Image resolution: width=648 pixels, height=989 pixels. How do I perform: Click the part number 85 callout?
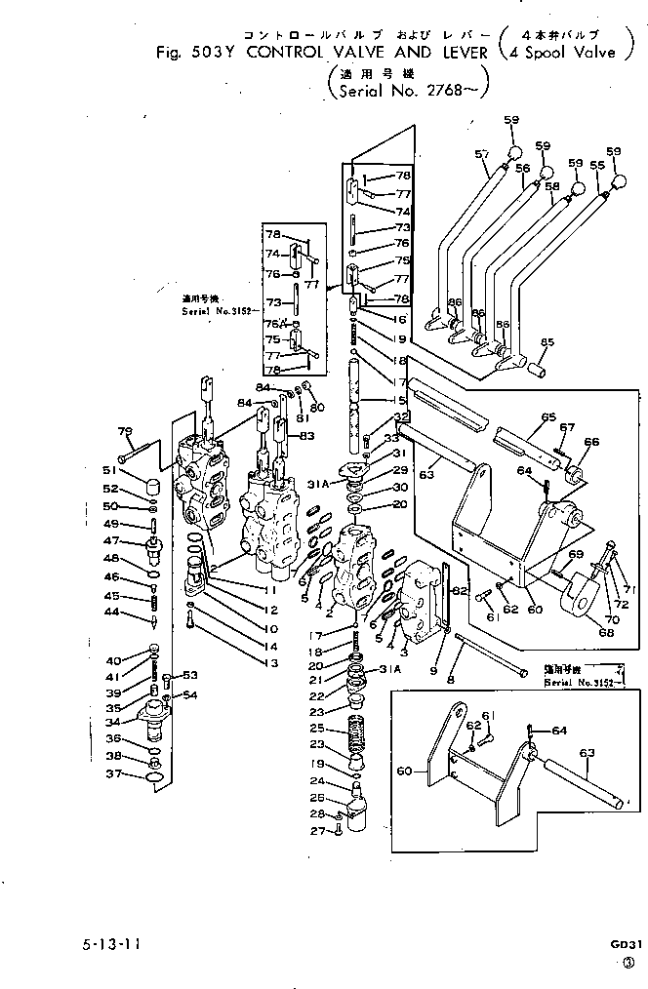pos(547,342)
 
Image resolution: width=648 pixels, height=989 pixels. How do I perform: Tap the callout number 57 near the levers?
pos(481,153)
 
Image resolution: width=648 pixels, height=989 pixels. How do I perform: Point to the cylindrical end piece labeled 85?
pos(536,368)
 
